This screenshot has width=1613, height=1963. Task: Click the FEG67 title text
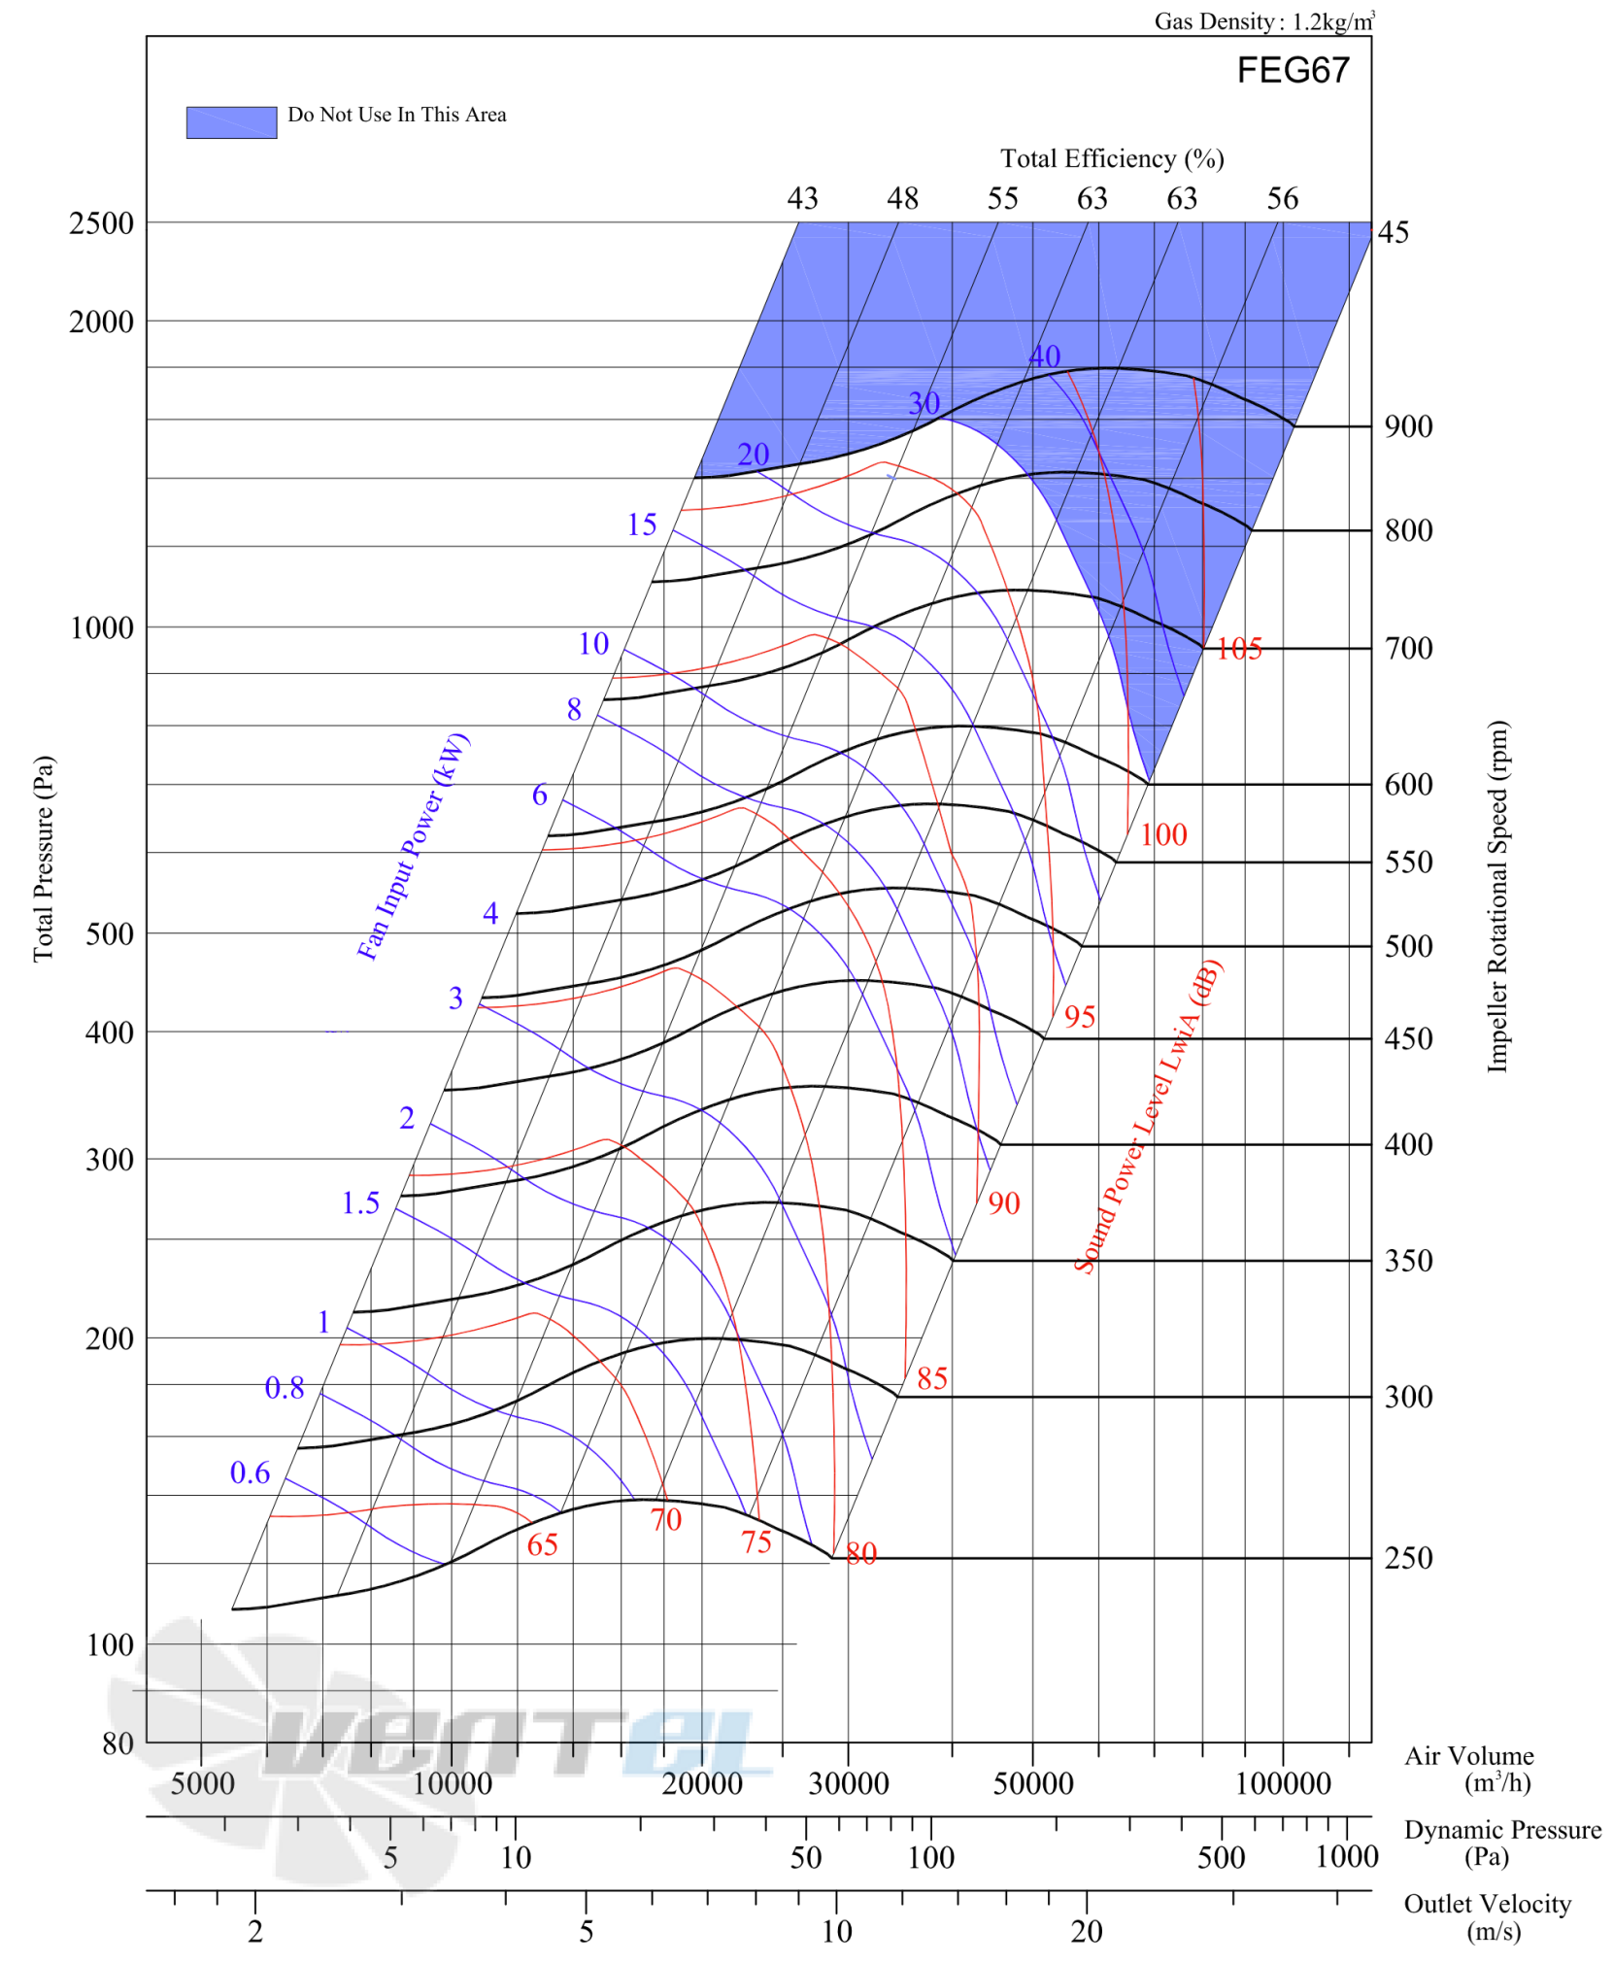(x=1293, y=70)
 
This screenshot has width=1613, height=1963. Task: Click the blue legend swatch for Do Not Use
(x=231, y=122)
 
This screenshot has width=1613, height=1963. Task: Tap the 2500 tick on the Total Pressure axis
(x=101, y=223)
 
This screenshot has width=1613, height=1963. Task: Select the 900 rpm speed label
(x=1408, y=426)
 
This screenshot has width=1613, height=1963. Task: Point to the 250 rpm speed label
(x=1408, y=1558)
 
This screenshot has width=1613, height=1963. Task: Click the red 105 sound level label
(x=1239, y=649)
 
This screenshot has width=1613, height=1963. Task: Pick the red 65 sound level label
(x=542, y=1545)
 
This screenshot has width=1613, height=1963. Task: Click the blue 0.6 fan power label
(x=250, y=1473)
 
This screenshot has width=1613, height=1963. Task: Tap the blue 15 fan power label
(x=641, y=525)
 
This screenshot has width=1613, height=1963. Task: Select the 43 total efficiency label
(x=802, y=198)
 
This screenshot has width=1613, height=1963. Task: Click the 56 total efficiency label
(x=1282, y=198)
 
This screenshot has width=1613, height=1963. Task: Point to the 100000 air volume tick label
(x=1283, y=1783)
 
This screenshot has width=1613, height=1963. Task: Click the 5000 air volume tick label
(x=202, y=1783)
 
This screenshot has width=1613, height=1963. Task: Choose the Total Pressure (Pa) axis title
(x=43, y=859)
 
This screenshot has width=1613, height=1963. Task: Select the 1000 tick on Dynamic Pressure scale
(x=1346, y=1857)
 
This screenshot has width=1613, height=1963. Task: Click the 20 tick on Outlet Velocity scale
(x=1087, y=1932)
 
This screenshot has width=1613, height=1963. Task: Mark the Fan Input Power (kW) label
(x=413, y=847)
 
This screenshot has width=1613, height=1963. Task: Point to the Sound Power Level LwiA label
(x=1148, y=1117)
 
